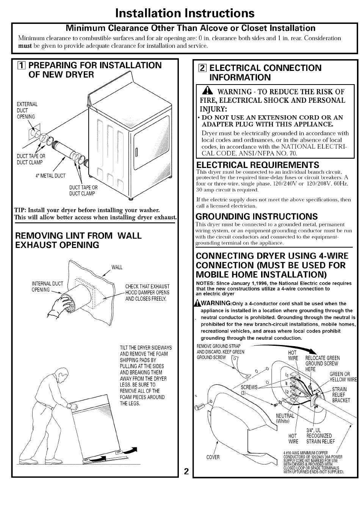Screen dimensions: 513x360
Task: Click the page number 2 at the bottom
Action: pyautogui.click(x=186, y=471)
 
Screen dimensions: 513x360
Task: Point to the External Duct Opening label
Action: pyautogui.click(x=27, y=110)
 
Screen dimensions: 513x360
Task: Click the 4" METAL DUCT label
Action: pyautogui.click(x=50, y=176)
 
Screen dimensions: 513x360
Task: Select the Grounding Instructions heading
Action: pyautogui.click(x=257, y=216)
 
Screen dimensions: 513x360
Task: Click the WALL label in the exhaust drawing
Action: pyautogui.click(x=117, y=267)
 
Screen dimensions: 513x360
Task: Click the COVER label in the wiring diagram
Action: pyautogui.click(x=213, y=457)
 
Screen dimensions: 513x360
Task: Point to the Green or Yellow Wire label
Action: pyautogui.click(x=343, y=377)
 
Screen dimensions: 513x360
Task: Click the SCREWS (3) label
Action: pyautogui.click(x=249, y=390)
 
